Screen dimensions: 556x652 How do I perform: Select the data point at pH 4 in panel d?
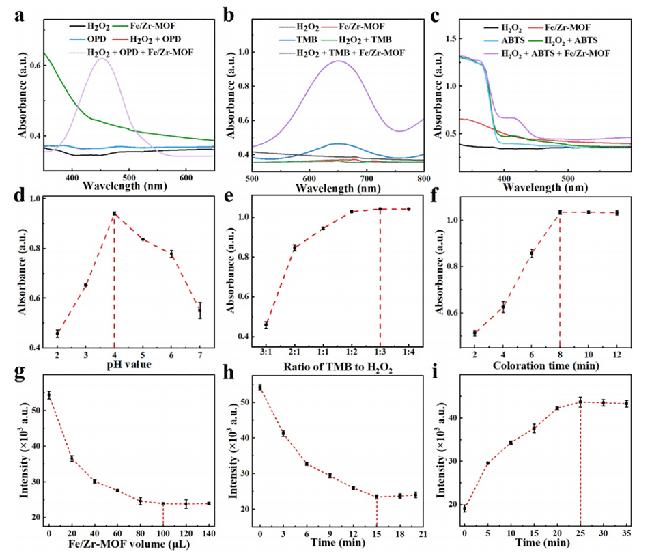point(114,214)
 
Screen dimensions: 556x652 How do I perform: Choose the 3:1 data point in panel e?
point(266,324)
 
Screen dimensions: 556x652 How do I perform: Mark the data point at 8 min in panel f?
point(560,212)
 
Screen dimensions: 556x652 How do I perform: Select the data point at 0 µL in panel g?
point(49,395)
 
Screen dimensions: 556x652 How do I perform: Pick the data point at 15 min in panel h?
point(376,497)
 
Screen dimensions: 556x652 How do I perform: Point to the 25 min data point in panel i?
point(580,402)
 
